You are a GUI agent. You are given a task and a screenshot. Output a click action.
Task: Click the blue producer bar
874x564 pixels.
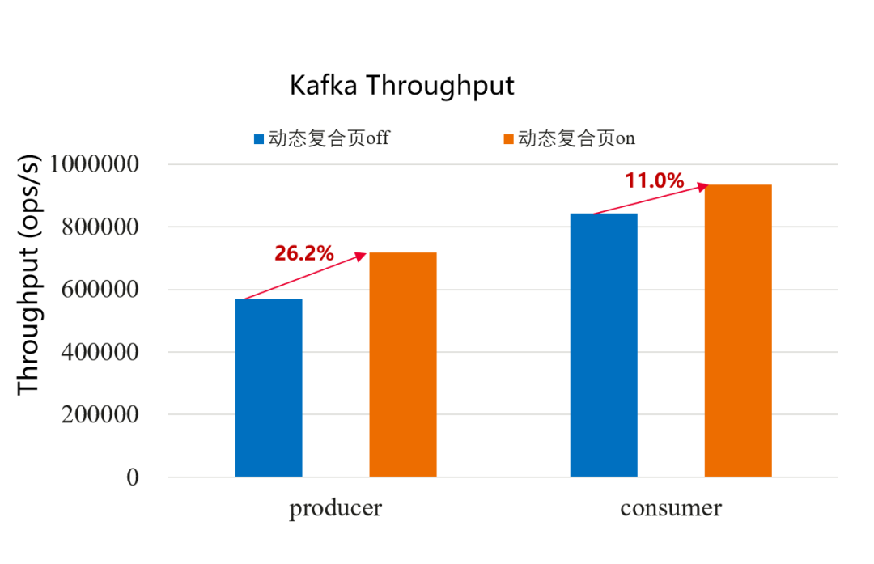(x=269, y=388)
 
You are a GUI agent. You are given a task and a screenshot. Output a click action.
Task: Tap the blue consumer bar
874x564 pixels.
(x=604, y=345)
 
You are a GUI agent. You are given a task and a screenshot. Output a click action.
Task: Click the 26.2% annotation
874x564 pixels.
(x=304, y=253)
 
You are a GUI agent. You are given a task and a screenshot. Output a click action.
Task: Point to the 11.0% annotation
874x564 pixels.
(x=655, y=180)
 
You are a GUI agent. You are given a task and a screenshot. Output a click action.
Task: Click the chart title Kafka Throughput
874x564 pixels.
(x=402, y=86)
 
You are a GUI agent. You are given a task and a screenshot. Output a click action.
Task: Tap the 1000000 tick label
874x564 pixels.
(x=94, y=164)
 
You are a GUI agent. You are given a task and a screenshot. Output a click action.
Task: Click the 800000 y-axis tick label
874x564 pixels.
(x=100, y=227)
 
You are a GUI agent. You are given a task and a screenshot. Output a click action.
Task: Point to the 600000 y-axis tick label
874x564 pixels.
(x=100, y=290)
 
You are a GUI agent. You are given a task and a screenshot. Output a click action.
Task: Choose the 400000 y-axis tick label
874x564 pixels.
(x=100, y=352)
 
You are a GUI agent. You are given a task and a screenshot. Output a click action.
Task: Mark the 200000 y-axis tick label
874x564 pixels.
(x=100, y=415)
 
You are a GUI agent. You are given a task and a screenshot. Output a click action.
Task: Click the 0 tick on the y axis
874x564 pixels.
(x=133, y=477)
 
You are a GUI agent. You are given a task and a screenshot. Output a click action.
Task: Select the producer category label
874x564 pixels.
(x=336, y=508)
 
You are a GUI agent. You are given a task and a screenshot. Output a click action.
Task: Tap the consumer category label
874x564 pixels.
(x=671, y=508)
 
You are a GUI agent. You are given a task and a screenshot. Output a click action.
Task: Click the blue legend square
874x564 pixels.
(x=259, y=139)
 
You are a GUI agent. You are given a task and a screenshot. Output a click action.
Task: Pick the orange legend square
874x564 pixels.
(x=508, y=139)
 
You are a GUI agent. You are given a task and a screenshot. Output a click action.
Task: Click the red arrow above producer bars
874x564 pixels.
(x=306, y=277)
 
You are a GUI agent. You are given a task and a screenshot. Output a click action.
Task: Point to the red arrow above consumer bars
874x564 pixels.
(x=651, y=199)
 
